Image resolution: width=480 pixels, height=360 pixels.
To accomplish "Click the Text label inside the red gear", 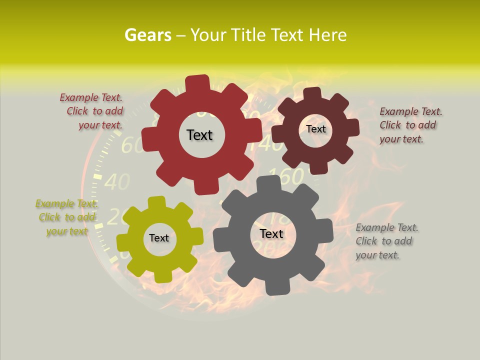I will (x=199, y=135).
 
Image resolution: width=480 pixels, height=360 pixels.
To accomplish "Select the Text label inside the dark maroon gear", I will (x=316, y=129).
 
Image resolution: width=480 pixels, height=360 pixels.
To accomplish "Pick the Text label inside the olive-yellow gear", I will (x=159, y=238).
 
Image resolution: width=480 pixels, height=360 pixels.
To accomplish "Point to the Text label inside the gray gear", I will (x=271, y=233).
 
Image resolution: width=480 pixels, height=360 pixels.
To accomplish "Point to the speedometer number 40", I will (x=117, y=182).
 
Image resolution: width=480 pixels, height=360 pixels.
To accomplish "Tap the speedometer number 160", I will (x=286, y=176).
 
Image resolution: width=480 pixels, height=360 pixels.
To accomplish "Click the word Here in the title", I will (x=328, y=35).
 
